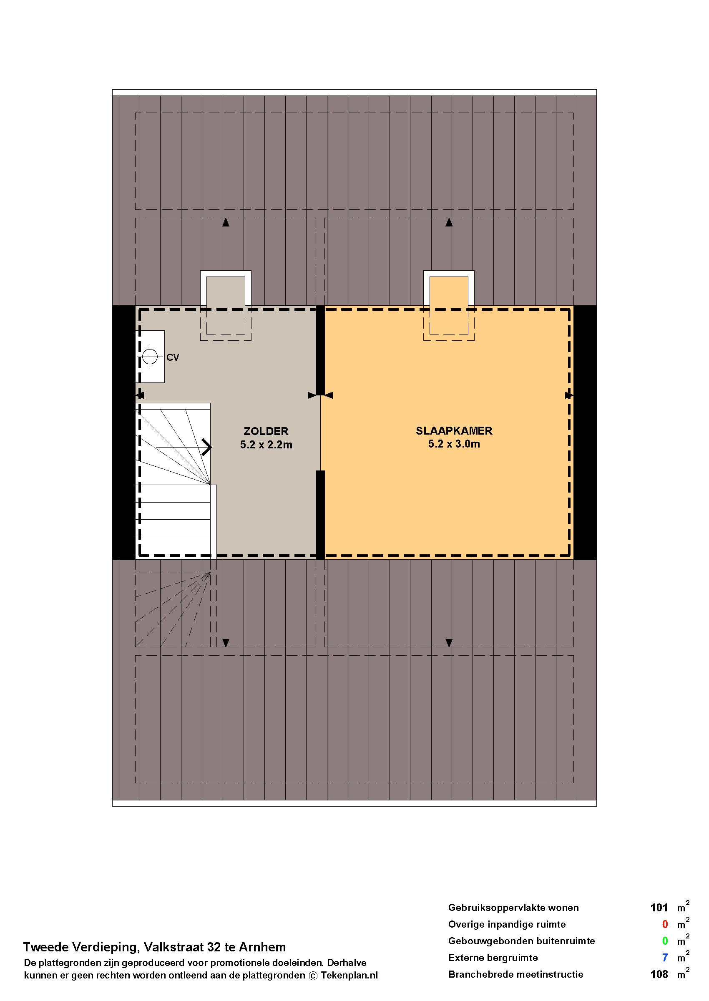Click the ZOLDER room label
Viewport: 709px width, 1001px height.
coord(266,431)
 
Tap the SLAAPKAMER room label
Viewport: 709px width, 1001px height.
coord(454,431)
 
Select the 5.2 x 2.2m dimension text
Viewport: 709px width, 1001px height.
coord(266,445)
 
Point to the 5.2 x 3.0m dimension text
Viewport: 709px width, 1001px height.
coord(454,444)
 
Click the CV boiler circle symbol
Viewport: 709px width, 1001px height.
coord(150,357)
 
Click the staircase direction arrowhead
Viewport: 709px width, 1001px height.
coord(206,447)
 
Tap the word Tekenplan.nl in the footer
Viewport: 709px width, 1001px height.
coord(349,975)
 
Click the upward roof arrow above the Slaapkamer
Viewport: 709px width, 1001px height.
coord(449,222)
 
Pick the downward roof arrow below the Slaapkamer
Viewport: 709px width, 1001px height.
coord(449,643)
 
